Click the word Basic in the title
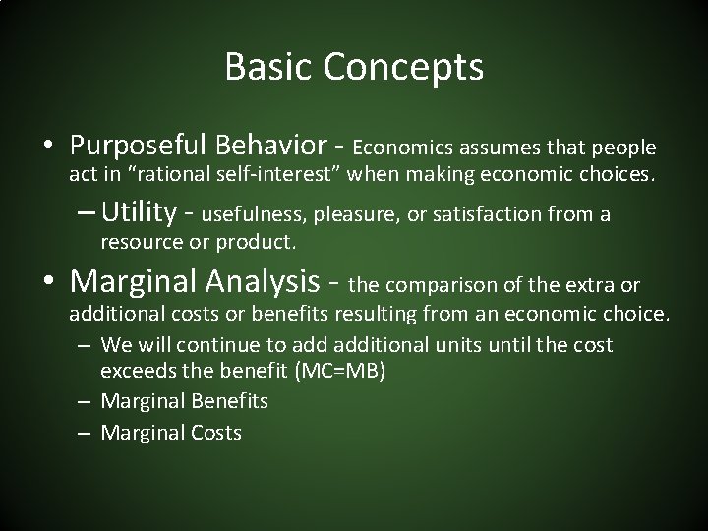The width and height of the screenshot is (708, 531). pyautogui.click(x=268, y=66)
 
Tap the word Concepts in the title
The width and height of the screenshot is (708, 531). pyautogui.click(x=403, y=68)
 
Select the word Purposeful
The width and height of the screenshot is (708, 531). pyautogui.click(x=139, y=146)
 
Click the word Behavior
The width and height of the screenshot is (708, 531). pyautogui.click(x=271, y=145)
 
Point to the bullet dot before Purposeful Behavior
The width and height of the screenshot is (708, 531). pyautogui.click(x=48, y=145)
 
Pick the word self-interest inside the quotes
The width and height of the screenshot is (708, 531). pyautogui.click(x=273, y=174)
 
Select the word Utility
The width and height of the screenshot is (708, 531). pyautogui.click(x=139, y=212)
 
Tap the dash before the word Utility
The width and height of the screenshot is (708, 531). pyautogui.click(x=86, y=212)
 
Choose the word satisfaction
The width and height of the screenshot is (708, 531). pyautogui.click(x=487, y=214)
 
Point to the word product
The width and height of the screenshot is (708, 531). pyautogui.click(x=256, y=242)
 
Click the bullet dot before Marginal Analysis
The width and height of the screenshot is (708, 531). pyautogui.click(x=48, y=280)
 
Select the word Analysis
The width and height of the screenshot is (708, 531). pyautogui.click(x=263, y=282)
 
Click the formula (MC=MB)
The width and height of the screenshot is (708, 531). pyautogui.click(x=339, y=371)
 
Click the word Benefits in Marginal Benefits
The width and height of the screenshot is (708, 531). pyautogui.click(x=230, y=401)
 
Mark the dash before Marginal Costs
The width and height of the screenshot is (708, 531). pyautogui.click(x=84, y=433)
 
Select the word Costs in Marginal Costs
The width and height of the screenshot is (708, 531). pyautogui.click(x=216, y=433)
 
